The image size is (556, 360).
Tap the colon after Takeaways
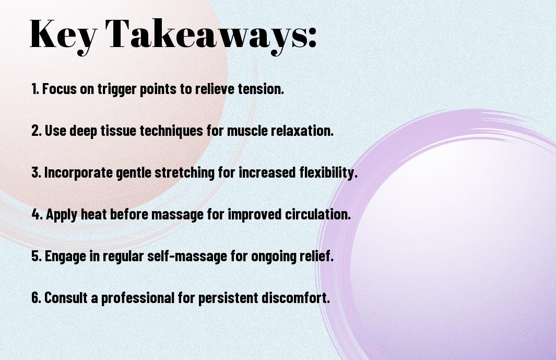pos(312,37)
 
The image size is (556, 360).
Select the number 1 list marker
pos(35,89)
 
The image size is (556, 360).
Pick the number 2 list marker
pos(36,131)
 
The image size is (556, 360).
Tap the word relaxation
pos(302,130)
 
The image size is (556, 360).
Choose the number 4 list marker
pos(37,214)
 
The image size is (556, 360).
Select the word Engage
pos(65,257)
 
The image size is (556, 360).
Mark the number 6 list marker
pos(36,297)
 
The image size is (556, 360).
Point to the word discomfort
pos(295,297)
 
